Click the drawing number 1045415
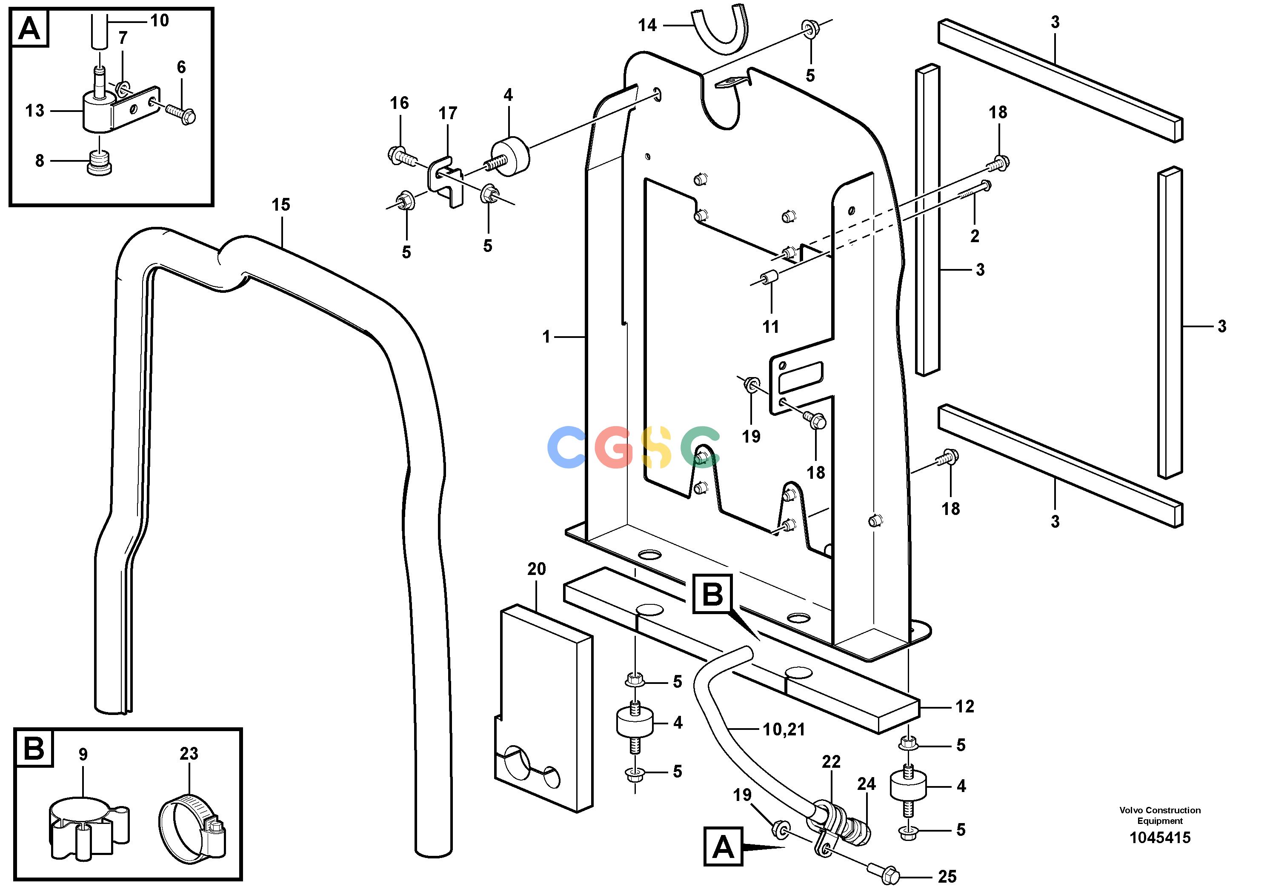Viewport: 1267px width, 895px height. (x=1160, y=838)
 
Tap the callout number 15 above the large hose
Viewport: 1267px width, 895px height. (x=280, y=205)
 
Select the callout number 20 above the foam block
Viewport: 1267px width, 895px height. (x=536, y=569)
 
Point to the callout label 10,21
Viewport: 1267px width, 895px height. (x=784, y=729)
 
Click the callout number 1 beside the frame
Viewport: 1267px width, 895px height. (x=546, y=337)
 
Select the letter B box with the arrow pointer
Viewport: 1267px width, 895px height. (x=713, y=594)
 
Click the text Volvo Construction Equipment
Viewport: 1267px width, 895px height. (x=1160, y=815)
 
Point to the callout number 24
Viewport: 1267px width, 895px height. (x=867, y=783)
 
